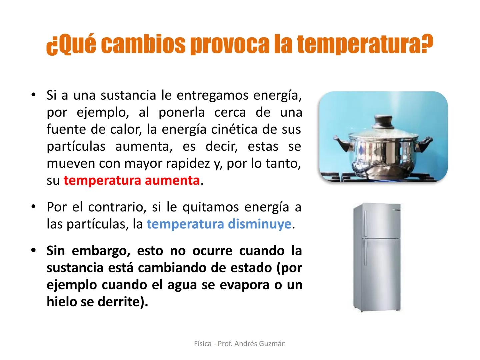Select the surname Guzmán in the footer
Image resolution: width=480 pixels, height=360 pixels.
(x=272, y=344)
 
